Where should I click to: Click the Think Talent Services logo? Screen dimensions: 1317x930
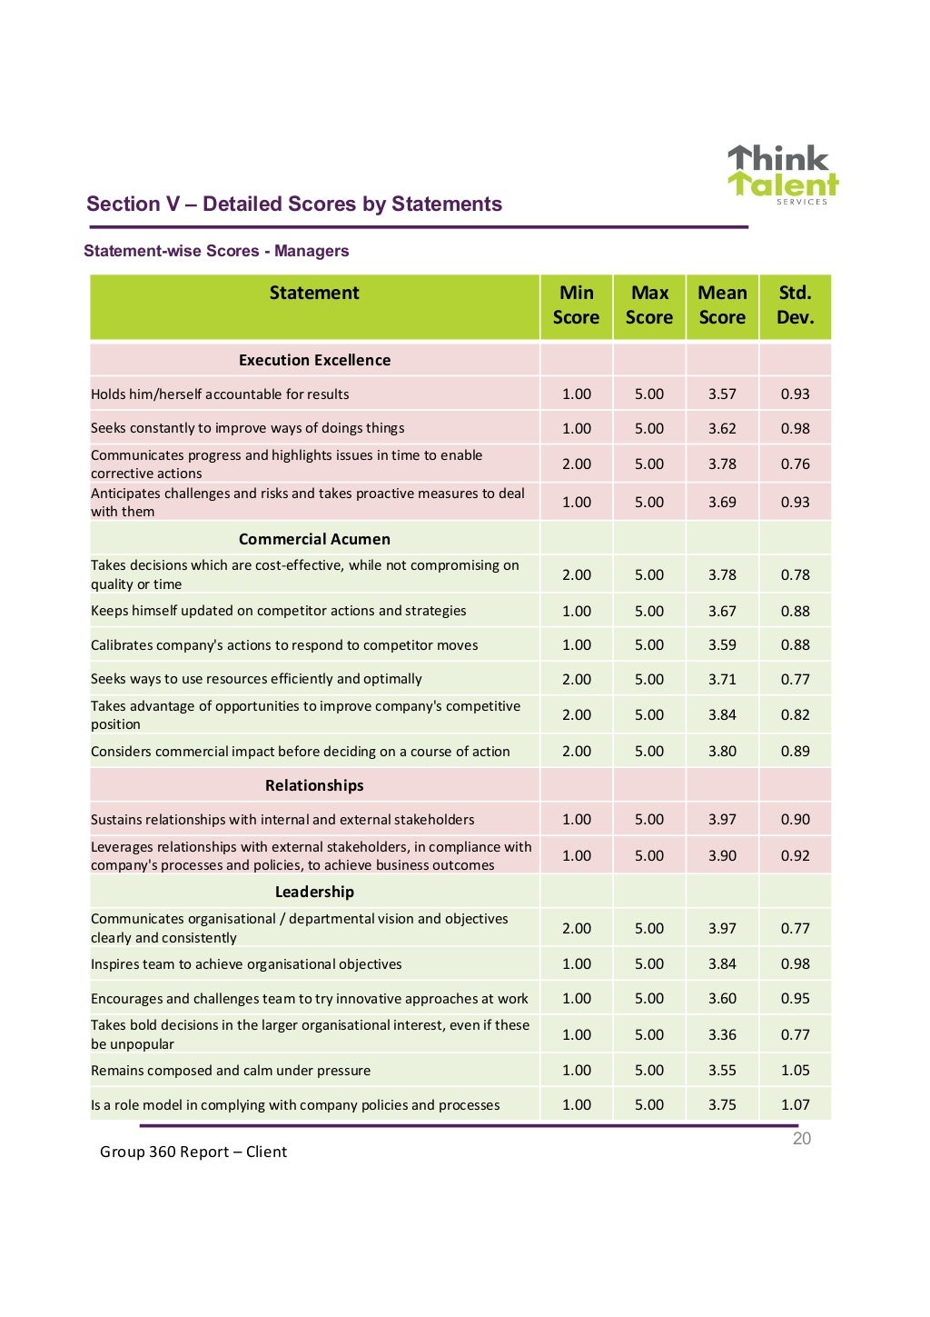[x=782, y=175]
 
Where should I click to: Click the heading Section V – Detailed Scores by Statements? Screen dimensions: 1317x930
[x=293, y=204]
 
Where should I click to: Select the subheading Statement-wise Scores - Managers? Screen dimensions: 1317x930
[x=216, y=251]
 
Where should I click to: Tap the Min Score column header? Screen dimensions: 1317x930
[x=576, y=305]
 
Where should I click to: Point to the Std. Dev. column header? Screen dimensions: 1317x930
[x=795, y=305]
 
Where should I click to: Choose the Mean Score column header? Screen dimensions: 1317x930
[x=722, y=305]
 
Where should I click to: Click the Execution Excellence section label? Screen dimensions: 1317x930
[x=314, y=360]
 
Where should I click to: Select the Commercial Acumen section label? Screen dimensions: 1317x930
[x=314, y=539]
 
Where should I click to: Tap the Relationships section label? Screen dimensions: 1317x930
[x=314, y=785]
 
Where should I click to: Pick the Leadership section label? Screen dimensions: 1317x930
[x=314, y=892]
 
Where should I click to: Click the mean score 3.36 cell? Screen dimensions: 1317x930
[x=722, y=1034]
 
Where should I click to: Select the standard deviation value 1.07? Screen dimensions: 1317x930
[x=795, y=1105]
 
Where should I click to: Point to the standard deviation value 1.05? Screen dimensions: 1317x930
[x=795, y=1071]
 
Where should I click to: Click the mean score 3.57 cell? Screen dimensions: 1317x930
[x=722, y=394]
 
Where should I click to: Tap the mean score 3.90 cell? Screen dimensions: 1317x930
[x=722, y=855]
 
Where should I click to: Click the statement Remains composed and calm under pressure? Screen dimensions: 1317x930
[x=231, y=1071]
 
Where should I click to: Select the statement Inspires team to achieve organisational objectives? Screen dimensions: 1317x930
[x=246, y=964]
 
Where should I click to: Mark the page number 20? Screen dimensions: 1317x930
[x=801, y=1139]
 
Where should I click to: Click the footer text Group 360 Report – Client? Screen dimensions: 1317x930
[x=193, y=1152]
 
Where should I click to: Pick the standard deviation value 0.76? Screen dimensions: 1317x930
[x=795, y=464]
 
